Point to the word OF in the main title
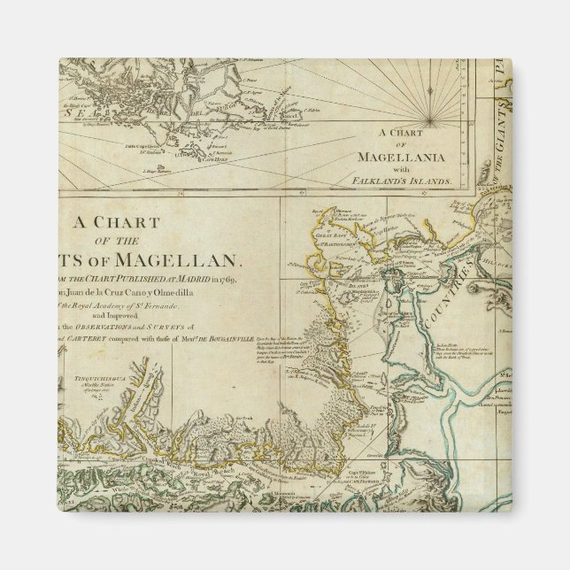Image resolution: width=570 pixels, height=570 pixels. tap(110, 241)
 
